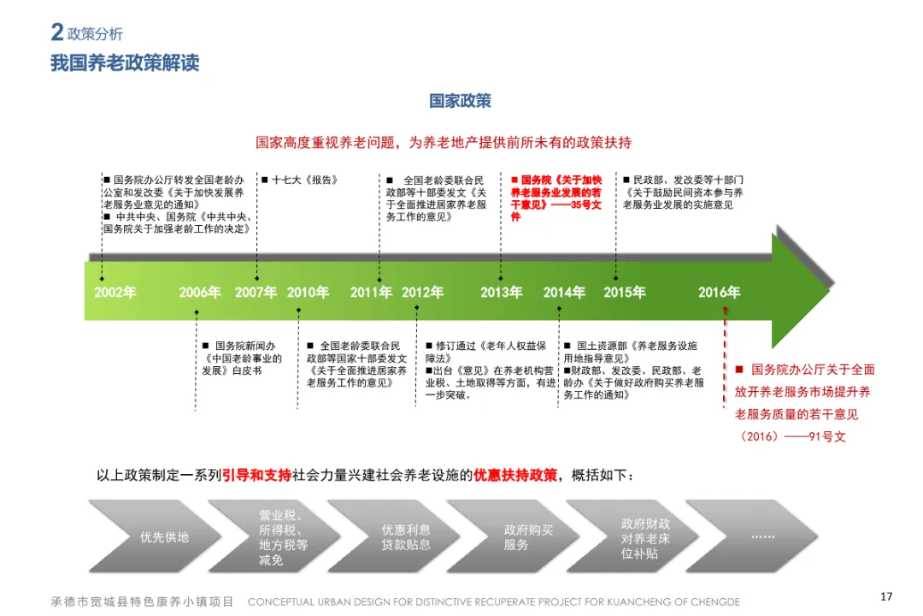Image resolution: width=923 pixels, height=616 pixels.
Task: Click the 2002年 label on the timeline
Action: pos(115,293)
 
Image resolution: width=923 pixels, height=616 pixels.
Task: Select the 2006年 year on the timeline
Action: pos(200,293)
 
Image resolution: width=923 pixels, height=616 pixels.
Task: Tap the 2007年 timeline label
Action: pos(256,293)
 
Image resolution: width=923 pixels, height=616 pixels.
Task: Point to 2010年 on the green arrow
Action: pos(308,293)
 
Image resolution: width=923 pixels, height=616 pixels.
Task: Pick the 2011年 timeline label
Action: pos(371,293)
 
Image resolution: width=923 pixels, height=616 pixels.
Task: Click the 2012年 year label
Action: pos(423,293)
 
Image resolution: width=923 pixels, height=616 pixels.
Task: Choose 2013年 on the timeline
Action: pos(502,293)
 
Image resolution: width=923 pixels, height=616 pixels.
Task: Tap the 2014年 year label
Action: pos(564,293)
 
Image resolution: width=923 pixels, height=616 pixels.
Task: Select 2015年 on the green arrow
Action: pos(625,293)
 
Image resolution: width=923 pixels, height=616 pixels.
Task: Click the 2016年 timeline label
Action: pos(719,293)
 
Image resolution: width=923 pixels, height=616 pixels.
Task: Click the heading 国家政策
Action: pos(460,101)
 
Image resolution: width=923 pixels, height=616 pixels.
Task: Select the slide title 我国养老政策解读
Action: pos(125,63)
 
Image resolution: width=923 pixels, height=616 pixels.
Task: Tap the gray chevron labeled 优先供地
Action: pos(164,537)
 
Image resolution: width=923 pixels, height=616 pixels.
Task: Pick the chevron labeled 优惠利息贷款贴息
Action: pos(406,537)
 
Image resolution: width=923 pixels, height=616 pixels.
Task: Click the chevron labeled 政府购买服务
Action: pos(528,537)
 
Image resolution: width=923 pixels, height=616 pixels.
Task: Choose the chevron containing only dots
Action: pos(762,537)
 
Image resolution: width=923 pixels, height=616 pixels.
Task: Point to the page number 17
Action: pos(886,596)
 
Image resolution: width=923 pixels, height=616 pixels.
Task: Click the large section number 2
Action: pos(57,33)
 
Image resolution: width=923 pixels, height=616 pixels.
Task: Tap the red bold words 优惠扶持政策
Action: pos(515,475)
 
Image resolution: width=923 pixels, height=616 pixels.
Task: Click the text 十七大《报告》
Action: pos(305,181)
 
